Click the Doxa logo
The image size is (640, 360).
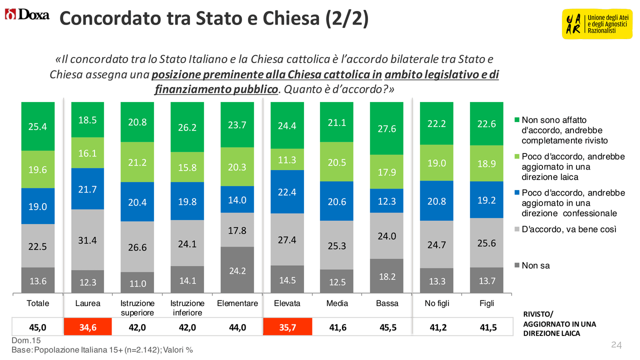tap(27, 15)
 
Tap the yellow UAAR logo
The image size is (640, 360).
tap(594, 24)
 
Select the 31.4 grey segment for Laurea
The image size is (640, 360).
tap(87, 239)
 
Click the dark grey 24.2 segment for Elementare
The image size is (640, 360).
tap(237, 270)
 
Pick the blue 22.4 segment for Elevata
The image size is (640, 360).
tap(287, 191)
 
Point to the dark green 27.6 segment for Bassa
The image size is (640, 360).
tap(386, 128)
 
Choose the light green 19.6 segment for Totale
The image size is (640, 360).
tap(37, 169)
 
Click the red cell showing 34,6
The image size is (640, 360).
tap(87, 327)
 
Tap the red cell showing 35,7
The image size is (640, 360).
tap(287, 327)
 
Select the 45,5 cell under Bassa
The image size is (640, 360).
tap(386, 327)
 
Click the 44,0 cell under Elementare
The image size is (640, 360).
tap(237, 327)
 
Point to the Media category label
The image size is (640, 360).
tap(337, 303)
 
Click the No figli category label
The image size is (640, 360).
tap(436, 303)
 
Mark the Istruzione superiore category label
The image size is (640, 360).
tap(137, 308)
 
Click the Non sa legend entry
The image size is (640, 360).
tap(535, 266)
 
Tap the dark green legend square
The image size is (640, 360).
tap(517, 120)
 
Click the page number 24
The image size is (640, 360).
tap(616, 345)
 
